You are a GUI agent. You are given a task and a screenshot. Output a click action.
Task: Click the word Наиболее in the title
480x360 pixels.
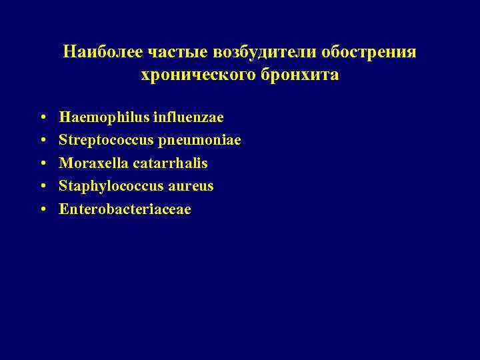pyautogui.click(x=96, y=52)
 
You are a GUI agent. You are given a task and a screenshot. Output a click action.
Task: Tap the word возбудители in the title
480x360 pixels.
pyautogui.click(x=247, y=52)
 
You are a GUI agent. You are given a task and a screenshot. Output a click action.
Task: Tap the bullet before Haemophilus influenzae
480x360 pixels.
pyautogui.click(x=42, y=118)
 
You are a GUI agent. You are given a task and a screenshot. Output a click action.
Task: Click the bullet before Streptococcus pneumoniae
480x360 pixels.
pyautogui.click(x=42, y=141)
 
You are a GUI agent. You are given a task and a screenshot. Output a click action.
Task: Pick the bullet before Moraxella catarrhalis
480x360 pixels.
pyautogui.click(x=42, y=164)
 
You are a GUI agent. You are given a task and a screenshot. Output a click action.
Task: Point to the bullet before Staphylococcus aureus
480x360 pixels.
pyautogui.click(x=42, y=187)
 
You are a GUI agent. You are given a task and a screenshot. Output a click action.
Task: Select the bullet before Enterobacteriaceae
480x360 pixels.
pyautogui.click(x=42, y=210)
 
